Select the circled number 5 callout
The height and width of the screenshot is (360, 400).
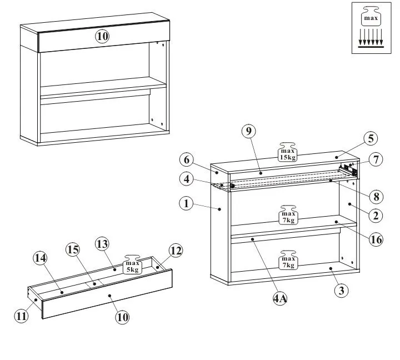click(371, 138)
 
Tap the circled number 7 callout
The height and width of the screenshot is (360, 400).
click(376, 159)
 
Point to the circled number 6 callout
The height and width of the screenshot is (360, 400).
click(186, 159)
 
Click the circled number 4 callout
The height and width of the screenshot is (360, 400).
click(186, 179)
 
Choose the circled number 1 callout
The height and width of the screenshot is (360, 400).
click(186, 203)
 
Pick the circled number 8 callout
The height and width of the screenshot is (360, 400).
click(376, 196)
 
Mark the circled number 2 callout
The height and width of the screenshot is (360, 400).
click(376, 215)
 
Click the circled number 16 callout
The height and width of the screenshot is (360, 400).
click(376, 239)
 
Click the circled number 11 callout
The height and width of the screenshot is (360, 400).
click(21, 316)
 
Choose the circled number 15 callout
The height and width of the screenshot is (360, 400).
click(73, 249)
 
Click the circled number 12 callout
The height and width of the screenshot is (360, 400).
click(175, 251)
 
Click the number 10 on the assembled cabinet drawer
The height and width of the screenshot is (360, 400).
click(102, 37)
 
